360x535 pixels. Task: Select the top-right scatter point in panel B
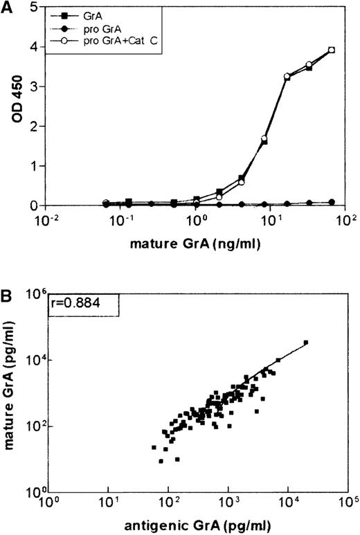(x=306, y=342)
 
